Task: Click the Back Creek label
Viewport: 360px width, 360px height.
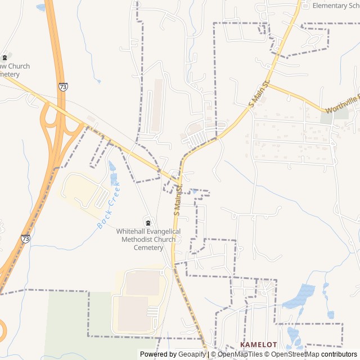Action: click(x=109, y=205)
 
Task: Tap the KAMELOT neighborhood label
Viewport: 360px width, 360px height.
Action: click(x=259, y=344)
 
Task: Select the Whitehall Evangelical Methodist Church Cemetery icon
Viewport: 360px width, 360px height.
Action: click(x=148, y=222)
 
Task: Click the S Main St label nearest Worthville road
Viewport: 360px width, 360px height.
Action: click(x=260, y=93)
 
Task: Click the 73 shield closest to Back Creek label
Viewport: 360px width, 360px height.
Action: click(x=26, y=238)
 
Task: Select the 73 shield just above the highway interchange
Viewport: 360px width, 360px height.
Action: click(x=63, y=87)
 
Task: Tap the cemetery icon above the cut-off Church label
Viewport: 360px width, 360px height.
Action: click(x=5, y=57)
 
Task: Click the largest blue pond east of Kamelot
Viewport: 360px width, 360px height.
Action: click(x=301, y=296)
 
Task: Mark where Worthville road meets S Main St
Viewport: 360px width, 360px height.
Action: click(x=268, y=84)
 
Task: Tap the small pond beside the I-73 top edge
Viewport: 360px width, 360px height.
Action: click(x=40, y=7)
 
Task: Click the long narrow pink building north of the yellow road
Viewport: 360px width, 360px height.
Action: click(x=157, y=104)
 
